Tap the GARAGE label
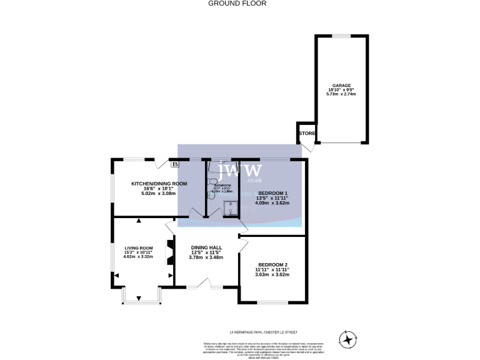(x=341, y=85)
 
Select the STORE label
(x=306, y=133)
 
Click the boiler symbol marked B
(x=175, y=164)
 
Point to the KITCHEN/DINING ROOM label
(x=159, y=183)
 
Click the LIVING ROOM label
(x=138, y=247)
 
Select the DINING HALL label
(x=207, y=247)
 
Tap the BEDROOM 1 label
(x=273, y=193)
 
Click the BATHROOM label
(x=222, y=186)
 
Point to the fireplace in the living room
(x=169, y=252)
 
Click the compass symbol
(x=347, y=339)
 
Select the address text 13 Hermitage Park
(x=257, y=332)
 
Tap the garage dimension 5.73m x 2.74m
(x=341, y=94)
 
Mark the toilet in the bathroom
(x=212, y=194)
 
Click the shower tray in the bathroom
(x=230, y=207)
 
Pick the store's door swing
(x=307, y=147)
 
